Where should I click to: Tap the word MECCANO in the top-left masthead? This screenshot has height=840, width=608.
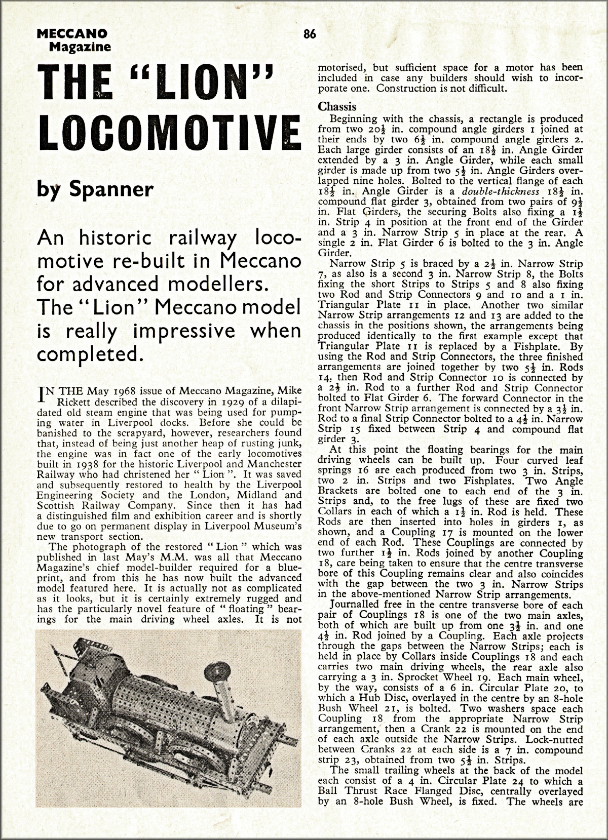click(x=72, y=33)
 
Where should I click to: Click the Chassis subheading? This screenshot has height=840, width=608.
click(x=337, y=107)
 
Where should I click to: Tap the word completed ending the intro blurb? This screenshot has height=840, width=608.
click(x=86, y=353)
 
